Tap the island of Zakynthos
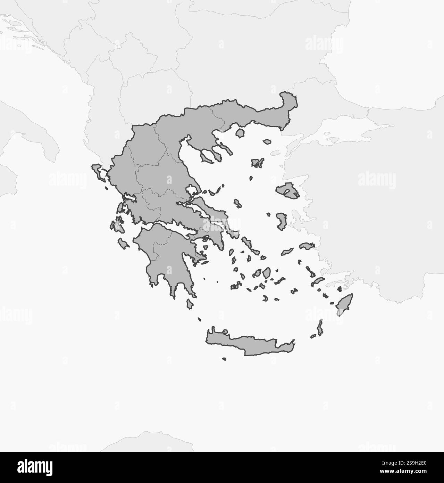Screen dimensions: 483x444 123,243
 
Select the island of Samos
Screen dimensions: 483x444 307,246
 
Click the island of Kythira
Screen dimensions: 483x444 190,304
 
